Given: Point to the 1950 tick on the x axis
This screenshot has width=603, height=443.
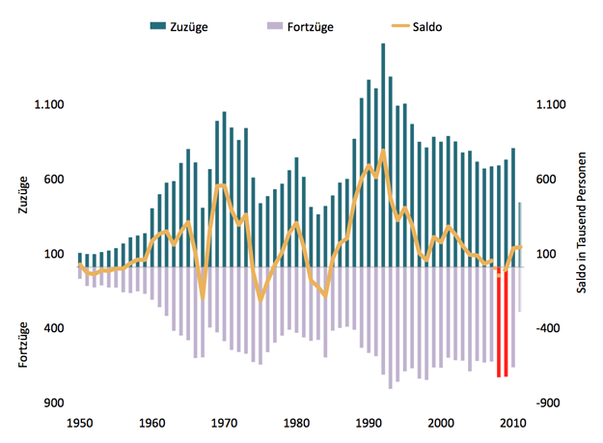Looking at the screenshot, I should coord(79,422).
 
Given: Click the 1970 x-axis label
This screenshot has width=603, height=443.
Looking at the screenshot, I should coord(224,422).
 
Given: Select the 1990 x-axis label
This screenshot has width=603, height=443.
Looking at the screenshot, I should coord(369,422).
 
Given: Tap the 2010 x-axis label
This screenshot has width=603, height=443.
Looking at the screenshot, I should coord(513,422).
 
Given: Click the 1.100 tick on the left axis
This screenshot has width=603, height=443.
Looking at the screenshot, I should coord(48,105).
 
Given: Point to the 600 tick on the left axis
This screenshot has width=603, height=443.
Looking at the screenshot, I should coord(54,180).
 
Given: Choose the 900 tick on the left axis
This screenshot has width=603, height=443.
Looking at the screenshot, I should coord(54,403).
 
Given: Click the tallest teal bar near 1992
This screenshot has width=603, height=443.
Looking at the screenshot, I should coord(383,154).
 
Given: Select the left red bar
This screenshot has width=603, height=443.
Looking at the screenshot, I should coord(499,323).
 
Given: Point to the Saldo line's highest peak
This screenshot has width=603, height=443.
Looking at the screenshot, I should coord(383,152).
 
